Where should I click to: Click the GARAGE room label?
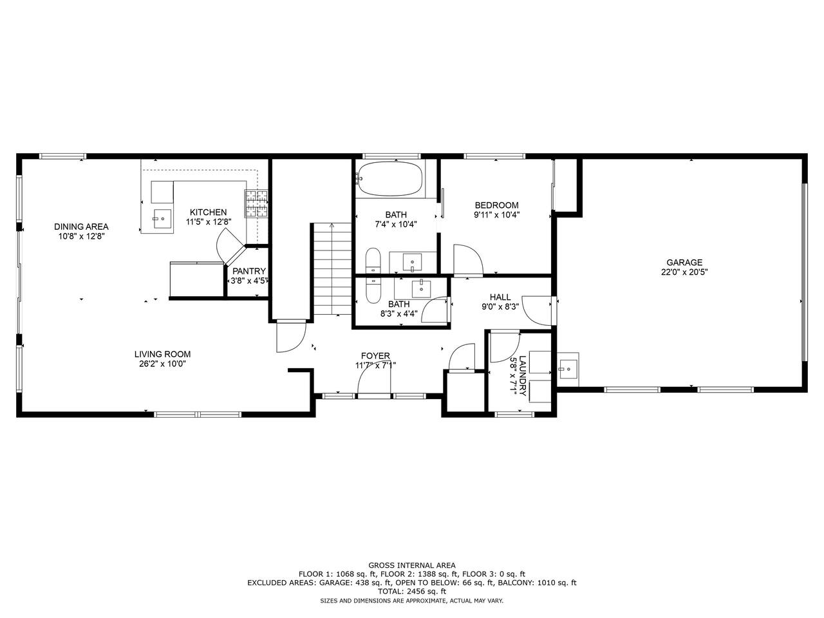point(684,262)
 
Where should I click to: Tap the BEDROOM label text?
point(496,205)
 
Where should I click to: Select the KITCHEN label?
point(208,212)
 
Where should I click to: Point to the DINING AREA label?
point(81,227)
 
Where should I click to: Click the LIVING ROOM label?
point(162,354)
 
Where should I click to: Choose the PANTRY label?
point(249,271)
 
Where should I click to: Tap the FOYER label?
point(375,356)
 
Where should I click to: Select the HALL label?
point(500,297)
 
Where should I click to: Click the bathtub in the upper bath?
point(389,178)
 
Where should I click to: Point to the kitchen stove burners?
point(257,204)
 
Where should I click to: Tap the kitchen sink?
point(163,219)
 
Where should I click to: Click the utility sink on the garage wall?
point(568,370)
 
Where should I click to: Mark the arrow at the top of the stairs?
point(332,225)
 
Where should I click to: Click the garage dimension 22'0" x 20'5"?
point(684,272)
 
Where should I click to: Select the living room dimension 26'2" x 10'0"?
point(162,364)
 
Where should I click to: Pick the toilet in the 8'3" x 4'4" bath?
point(373,290)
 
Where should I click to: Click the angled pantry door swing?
point(229,248)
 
